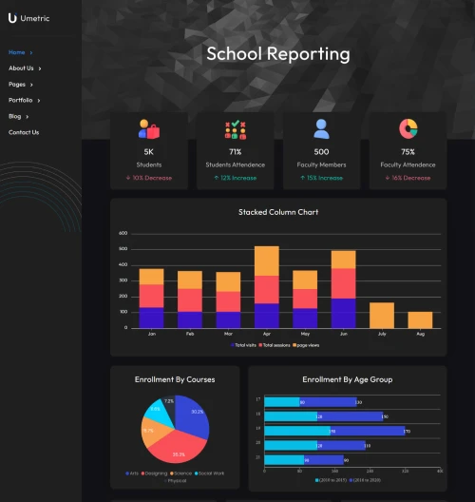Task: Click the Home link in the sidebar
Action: tap(17, 52)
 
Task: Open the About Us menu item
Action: tap(21, 68)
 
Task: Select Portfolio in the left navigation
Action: tap(21, 100)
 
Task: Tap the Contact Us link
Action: tap(24, 132)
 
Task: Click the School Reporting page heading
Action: tap(277, 54)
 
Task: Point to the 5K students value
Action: tap(148, 152)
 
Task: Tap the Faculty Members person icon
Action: tap(321, 128)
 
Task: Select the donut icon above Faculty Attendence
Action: tap(408, 128)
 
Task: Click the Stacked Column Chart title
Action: tap(277, 212)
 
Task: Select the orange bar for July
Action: tap(382, 316)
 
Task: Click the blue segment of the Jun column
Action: tap(343, 313)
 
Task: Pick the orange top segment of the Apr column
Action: tap(267, 261)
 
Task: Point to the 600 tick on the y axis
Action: tap(123, 233)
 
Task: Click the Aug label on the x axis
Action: tap(420, 335)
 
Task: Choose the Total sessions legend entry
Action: tap(276, 345)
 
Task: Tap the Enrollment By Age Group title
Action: tap(347, 379)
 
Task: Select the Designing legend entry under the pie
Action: tap(156, 473)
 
